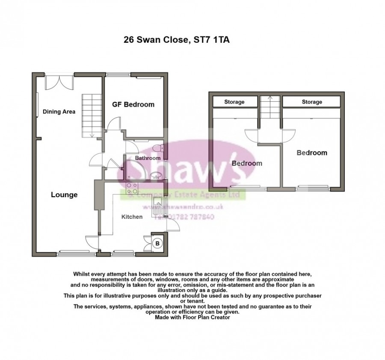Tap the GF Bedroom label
point(133,104)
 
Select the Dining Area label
point(59,112)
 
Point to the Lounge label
point(64,195)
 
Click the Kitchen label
point(132,217)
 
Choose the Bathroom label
point(148,158)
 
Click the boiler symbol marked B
point(157,244)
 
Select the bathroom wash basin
point(154,174)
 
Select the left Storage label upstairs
point(234,102)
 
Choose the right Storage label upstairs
point(311,102)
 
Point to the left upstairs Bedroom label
point(247,163)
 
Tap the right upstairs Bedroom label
point(312,153)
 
